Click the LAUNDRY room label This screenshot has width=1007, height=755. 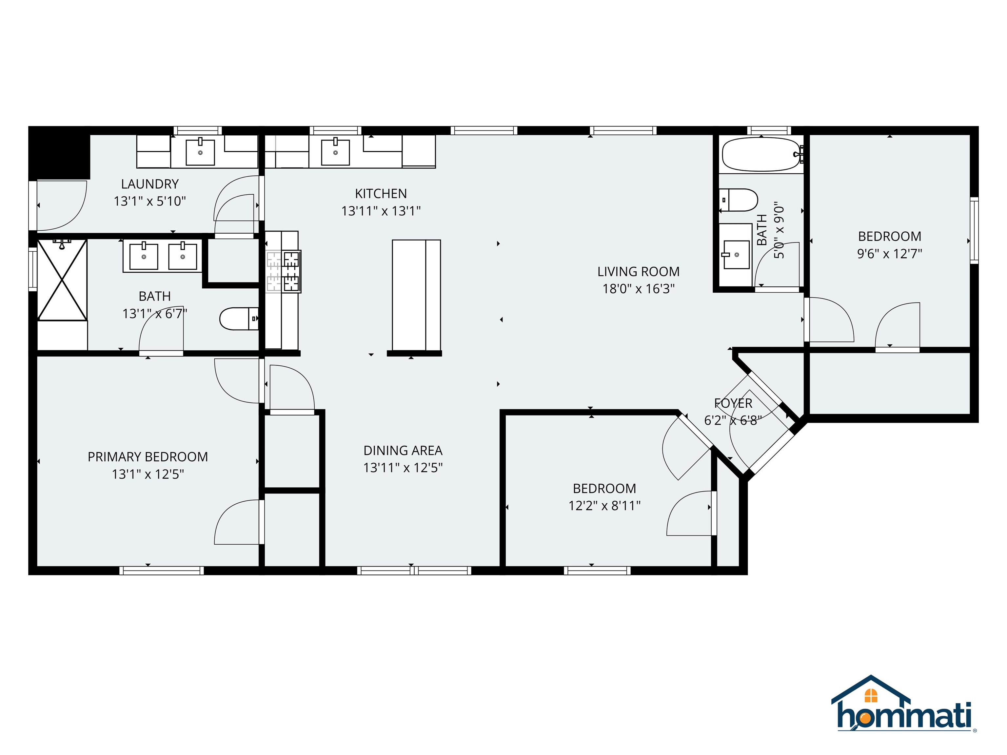tap(150, 184)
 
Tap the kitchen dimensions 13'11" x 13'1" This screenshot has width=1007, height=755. tap(381, 211)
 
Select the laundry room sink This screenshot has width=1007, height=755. tap(200, 152)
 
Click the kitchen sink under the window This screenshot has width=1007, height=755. tap(336, 152)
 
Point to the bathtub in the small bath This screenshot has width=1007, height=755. tap(761, 155)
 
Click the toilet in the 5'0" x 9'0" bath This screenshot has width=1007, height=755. tap(739, 200)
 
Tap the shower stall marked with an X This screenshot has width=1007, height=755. tap(62, 280)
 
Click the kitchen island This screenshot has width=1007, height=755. tap(416, 295)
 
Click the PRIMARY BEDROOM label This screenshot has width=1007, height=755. tap(148, 456)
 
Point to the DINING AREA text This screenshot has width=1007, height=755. tap(403, 450)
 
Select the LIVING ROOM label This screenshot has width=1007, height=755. tap(638, 272)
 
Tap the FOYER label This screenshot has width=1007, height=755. tap(733, 403)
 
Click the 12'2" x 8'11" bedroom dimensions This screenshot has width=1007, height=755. tap(604, 506)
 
